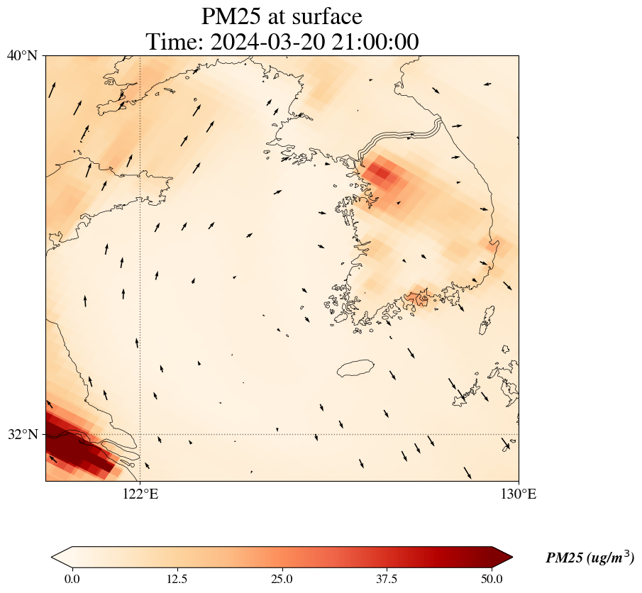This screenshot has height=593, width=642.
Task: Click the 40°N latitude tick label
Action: point(22,55)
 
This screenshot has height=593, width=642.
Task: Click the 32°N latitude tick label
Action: point(22,434)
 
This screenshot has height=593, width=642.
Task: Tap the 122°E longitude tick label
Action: point(140,494)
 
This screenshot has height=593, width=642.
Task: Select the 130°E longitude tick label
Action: point(519,494)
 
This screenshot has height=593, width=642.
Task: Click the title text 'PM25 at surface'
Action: point(282,16)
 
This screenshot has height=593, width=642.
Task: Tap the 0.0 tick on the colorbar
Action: point(72,579)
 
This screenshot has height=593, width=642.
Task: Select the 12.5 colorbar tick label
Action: point(177,579)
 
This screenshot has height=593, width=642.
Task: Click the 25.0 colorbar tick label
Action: point(282,579)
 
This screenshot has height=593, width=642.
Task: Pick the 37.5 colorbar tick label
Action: point(387,579)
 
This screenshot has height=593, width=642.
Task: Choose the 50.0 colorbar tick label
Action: point(492,579)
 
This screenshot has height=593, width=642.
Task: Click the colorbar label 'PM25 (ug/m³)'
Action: point(590,558)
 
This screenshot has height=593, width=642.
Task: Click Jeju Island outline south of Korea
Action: point(355,368)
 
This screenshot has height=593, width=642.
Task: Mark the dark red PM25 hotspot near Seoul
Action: point(381,172)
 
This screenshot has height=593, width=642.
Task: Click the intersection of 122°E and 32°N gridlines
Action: point(140,434)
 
